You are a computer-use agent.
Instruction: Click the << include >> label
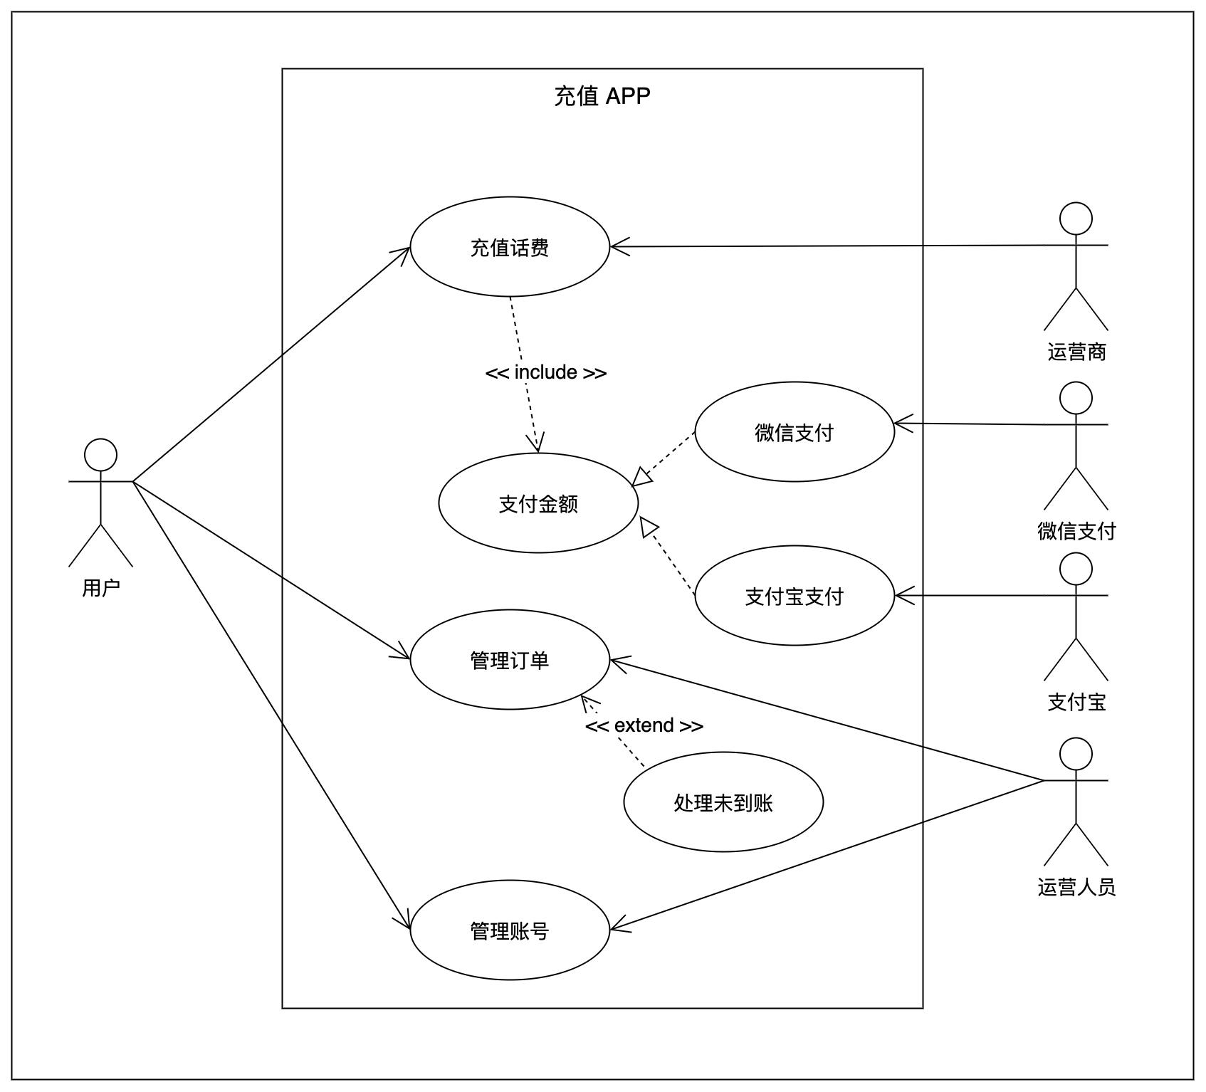pos(546,372)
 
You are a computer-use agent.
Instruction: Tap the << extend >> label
pos(644,725)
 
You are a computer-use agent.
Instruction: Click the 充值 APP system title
pos(602,96)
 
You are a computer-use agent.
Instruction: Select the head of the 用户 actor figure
pos(100,455)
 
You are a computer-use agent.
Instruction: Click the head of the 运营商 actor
pos(1076,219)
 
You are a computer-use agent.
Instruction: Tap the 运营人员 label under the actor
pos(1076,887)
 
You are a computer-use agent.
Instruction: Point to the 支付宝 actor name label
pos(1076,702)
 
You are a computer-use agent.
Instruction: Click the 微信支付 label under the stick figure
pos(1076,531)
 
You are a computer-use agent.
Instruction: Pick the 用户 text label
pos(101,588)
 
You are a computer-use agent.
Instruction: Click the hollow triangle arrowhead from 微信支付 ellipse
pos(641,477)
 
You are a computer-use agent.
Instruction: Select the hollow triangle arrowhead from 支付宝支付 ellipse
pos(649,527)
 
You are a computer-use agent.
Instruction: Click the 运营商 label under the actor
pos(1076,352)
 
